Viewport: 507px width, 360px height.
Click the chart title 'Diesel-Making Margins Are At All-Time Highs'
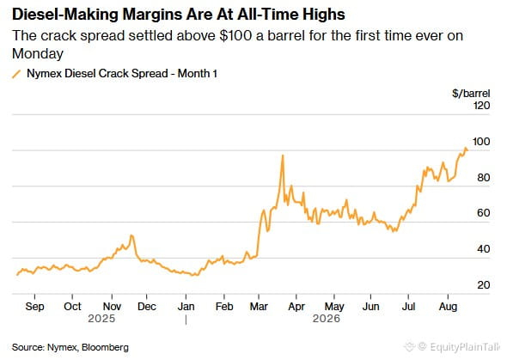(x=179, y=15)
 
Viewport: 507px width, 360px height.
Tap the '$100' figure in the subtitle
(x=235, y=35)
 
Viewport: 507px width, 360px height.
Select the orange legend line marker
(x=16, y=74)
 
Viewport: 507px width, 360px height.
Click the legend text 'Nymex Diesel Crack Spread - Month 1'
(x=122, y=73)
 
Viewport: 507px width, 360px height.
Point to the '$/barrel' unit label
(x=471, y=94)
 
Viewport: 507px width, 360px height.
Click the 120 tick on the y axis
(x=481, y=106)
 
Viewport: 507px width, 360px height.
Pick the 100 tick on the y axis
(x=481, y=142)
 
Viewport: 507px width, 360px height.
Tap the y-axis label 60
(x=484, y=213)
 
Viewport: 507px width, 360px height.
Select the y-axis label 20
(x=484, y=284)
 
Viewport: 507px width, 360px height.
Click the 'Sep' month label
(x=34, y=307)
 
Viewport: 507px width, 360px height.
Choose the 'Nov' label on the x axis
(x=112, y=307)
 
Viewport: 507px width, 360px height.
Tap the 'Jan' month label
(x=186, y=307)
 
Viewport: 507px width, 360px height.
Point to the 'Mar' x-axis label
(x=259, y=307)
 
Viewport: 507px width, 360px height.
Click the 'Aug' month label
(x=448, y=307)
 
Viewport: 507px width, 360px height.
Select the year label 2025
(x=101, y=319)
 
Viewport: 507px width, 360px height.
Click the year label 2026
(x=327, y=319)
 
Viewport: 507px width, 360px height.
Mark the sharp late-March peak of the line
(x=283, y=156)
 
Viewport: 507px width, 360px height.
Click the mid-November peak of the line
(x=131, y=235)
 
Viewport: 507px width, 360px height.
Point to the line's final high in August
(x=466, y=148)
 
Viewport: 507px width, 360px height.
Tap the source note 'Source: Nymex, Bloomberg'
(x=70, y=347)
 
